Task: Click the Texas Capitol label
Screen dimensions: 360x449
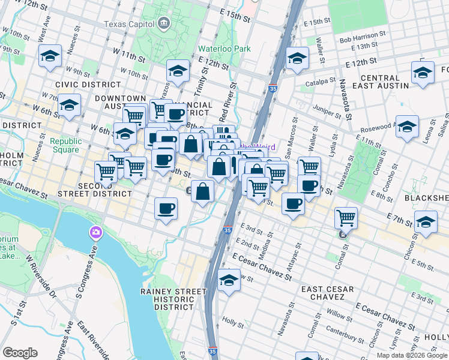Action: coord(128,24)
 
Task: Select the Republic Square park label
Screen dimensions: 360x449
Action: coord(65,145)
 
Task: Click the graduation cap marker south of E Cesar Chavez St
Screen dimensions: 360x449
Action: coord(229,280)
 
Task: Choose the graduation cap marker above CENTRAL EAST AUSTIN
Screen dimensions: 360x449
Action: coord(423,73)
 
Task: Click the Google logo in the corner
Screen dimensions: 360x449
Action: coord(20,353)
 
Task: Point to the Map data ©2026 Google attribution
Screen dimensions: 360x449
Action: coord(411,355)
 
